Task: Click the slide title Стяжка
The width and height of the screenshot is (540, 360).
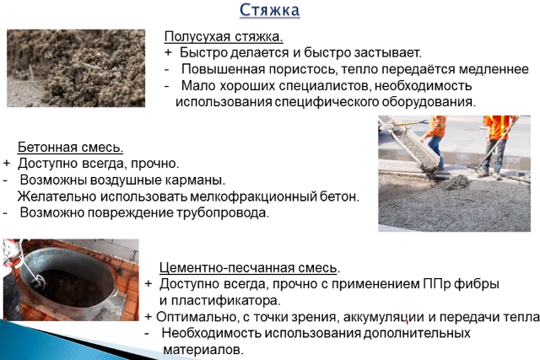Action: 269,10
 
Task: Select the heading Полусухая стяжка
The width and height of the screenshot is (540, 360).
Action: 223,37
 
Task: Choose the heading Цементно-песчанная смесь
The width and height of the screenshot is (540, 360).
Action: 249,268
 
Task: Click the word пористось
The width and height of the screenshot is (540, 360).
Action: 290,69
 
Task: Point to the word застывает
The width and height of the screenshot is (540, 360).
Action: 351,53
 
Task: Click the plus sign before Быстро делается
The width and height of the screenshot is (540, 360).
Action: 168,53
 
